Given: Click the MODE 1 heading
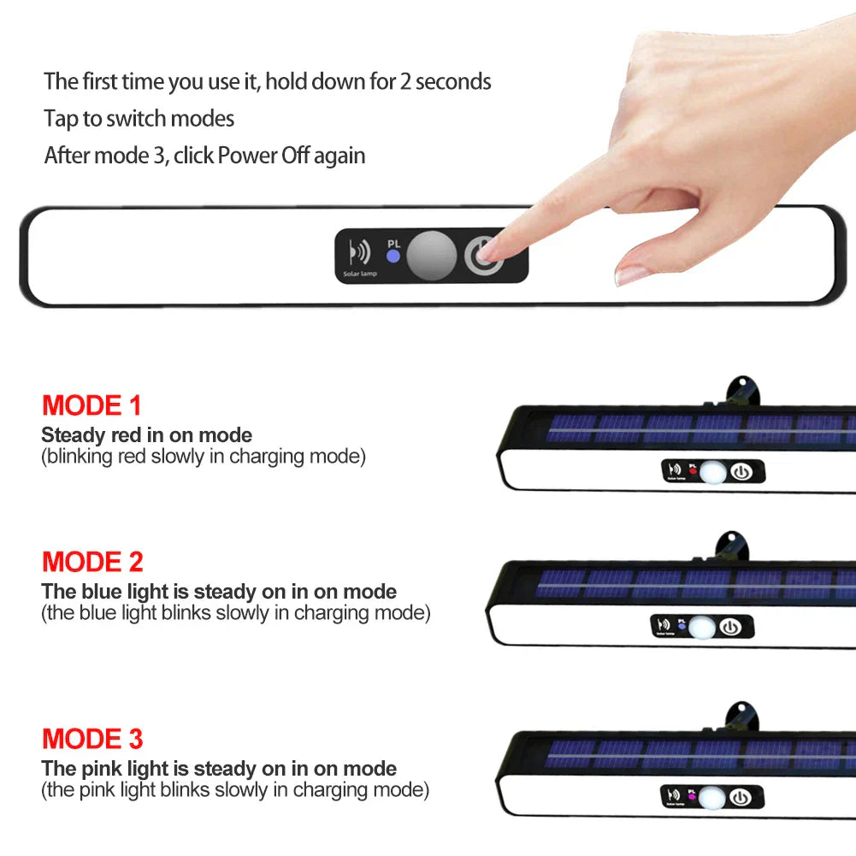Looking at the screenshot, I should (x=92, y=404).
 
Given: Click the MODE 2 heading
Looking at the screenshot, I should (x=92, y=562).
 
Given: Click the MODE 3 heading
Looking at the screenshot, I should (x=92, y=738).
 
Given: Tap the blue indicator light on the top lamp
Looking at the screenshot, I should (x=393, y=256).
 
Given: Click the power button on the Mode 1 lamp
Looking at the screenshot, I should (x=741, y=471).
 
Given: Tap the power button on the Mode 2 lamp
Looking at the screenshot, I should (x=730, y=627).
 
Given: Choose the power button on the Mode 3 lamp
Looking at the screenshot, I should (x=740, y=799).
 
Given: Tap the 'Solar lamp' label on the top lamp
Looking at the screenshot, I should (x=360, y=273).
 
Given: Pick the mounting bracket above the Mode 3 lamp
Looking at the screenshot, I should (x=741, y=716).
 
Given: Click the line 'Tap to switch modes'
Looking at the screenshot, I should (x=139, y=119).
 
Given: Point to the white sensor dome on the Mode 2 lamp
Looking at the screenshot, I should (x=701, y=627).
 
